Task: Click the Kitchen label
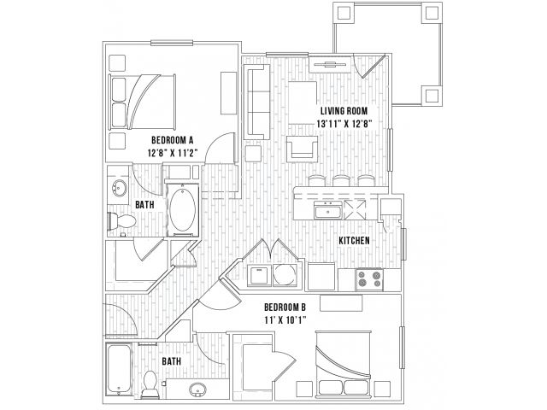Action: tap(354, 241)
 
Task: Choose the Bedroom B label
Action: tap(285, 307)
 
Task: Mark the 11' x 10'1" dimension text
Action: tap(285, 321)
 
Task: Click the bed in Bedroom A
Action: tap(144, 102)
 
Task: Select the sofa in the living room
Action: tap(257, 101)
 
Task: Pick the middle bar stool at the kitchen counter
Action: tap(342, 180)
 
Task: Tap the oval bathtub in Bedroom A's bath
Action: tap(181, 209)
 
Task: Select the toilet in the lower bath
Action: tap(151, 385)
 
